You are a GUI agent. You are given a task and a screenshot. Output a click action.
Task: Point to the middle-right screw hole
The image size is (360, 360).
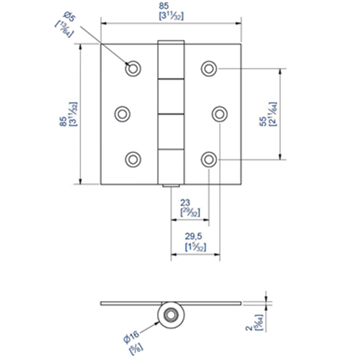pos(219,113)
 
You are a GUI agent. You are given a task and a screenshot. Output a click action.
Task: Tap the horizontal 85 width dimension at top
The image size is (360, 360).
pos(172,8)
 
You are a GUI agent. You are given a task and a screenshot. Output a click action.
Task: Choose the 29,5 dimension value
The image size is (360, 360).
pos(190,236)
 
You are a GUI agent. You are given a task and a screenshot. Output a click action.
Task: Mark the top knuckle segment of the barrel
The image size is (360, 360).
pos(172,61)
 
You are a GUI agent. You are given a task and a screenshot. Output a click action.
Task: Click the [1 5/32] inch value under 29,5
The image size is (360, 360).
pos(190,246)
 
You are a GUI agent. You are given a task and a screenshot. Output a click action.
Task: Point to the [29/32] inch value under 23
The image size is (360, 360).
pos(190,212)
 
